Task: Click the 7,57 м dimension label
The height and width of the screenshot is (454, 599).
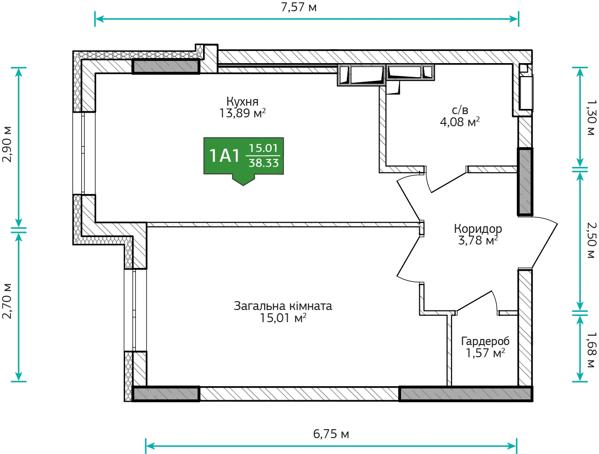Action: pos(299,7)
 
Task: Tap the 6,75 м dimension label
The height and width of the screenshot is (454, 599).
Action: pos(331,434)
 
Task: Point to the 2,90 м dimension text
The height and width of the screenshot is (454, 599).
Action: pos(7,144)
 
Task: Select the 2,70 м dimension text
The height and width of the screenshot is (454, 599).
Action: pos(7,301)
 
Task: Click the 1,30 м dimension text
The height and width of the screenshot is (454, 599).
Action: pos(591,117)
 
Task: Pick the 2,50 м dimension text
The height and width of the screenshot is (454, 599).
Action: pos(591,240)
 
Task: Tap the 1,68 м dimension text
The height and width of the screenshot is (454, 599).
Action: pos(591,350)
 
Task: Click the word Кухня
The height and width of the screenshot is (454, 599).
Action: pos(242,101)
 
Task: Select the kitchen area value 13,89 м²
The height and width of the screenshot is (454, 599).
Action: pos(242,113)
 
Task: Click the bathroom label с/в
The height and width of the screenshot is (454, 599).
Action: pos(460,110)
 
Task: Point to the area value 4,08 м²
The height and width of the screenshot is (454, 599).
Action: pos(460,122)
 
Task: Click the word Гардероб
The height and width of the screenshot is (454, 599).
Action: pos(485,341)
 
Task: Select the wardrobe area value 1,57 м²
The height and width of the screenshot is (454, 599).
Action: pos(485,353)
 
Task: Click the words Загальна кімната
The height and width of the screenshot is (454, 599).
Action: pos(283,306)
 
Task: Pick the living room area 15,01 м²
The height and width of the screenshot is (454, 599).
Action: pos(283,318)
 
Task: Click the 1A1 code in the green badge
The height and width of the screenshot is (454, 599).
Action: pos(224,156)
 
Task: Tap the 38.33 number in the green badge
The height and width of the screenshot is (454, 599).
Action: pos(264,163)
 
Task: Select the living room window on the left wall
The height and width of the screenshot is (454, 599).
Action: pos(135,310)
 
